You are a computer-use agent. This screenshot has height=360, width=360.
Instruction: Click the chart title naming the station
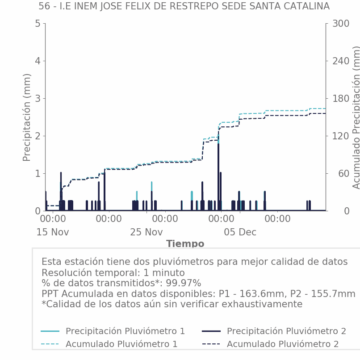tap(184, 6)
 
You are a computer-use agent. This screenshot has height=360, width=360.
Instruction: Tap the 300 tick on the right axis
tap(340, 24)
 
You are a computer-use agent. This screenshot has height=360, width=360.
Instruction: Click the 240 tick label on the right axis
tap(340, 61)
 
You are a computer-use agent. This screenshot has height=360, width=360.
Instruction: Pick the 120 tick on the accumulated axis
tap(340, 136)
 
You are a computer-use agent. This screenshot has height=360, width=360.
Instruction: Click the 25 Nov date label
tap(147, 232)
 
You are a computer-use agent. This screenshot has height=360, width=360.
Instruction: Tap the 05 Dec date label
tap(240, 232)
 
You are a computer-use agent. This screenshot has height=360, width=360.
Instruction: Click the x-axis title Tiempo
tap(185, 244)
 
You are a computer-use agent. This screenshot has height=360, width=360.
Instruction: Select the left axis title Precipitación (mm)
tap(27, 117)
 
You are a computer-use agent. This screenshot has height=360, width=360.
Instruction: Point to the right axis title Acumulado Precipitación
tap(356, 117)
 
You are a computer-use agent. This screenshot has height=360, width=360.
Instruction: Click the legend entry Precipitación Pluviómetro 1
tap(125, 331)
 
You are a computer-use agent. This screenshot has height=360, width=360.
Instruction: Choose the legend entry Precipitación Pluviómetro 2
tap(286, 331)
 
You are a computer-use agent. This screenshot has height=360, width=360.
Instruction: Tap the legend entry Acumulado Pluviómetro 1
tap(121, 344)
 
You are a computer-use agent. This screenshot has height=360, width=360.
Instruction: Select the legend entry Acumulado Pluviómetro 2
tap(283, 344)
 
